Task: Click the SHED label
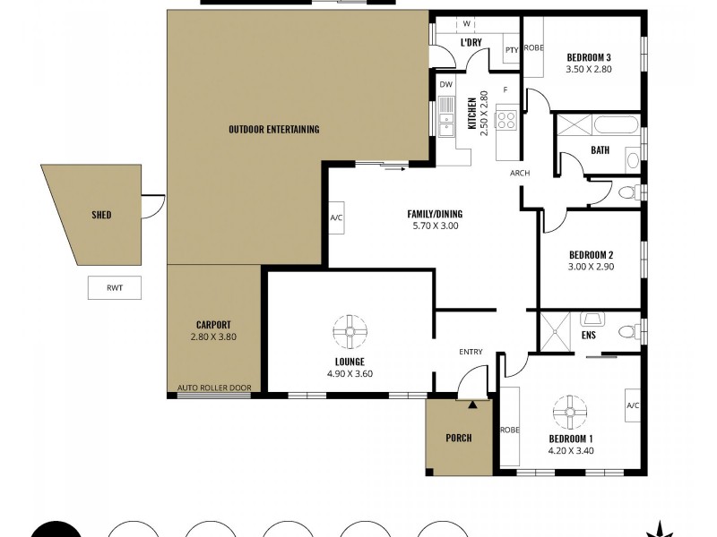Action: pos(101,215)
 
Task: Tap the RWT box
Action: pos(114,288)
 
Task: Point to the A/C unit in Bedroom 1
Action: pos(632,405)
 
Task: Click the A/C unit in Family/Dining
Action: pos(337,217)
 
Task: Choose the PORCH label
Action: pos(458,438)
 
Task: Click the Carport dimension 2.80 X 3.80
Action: pos(213,337)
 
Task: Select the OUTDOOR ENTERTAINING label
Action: pos(273,130)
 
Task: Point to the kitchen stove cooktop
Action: pos(506,118)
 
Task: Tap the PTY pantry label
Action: pos(511,50)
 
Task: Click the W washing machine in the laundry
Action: pos(467,24)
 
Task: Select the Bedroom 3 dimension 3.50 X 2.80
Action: pos(588,68)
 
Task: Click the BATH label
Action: pos(600,150)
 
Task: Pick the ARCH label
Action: pos(520,173)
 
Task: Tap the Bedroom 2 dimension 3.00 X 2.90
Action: pos(591,266)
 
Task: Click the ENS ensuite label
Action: pos(588,336)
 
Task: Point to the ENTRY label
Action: pos(471,352)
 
